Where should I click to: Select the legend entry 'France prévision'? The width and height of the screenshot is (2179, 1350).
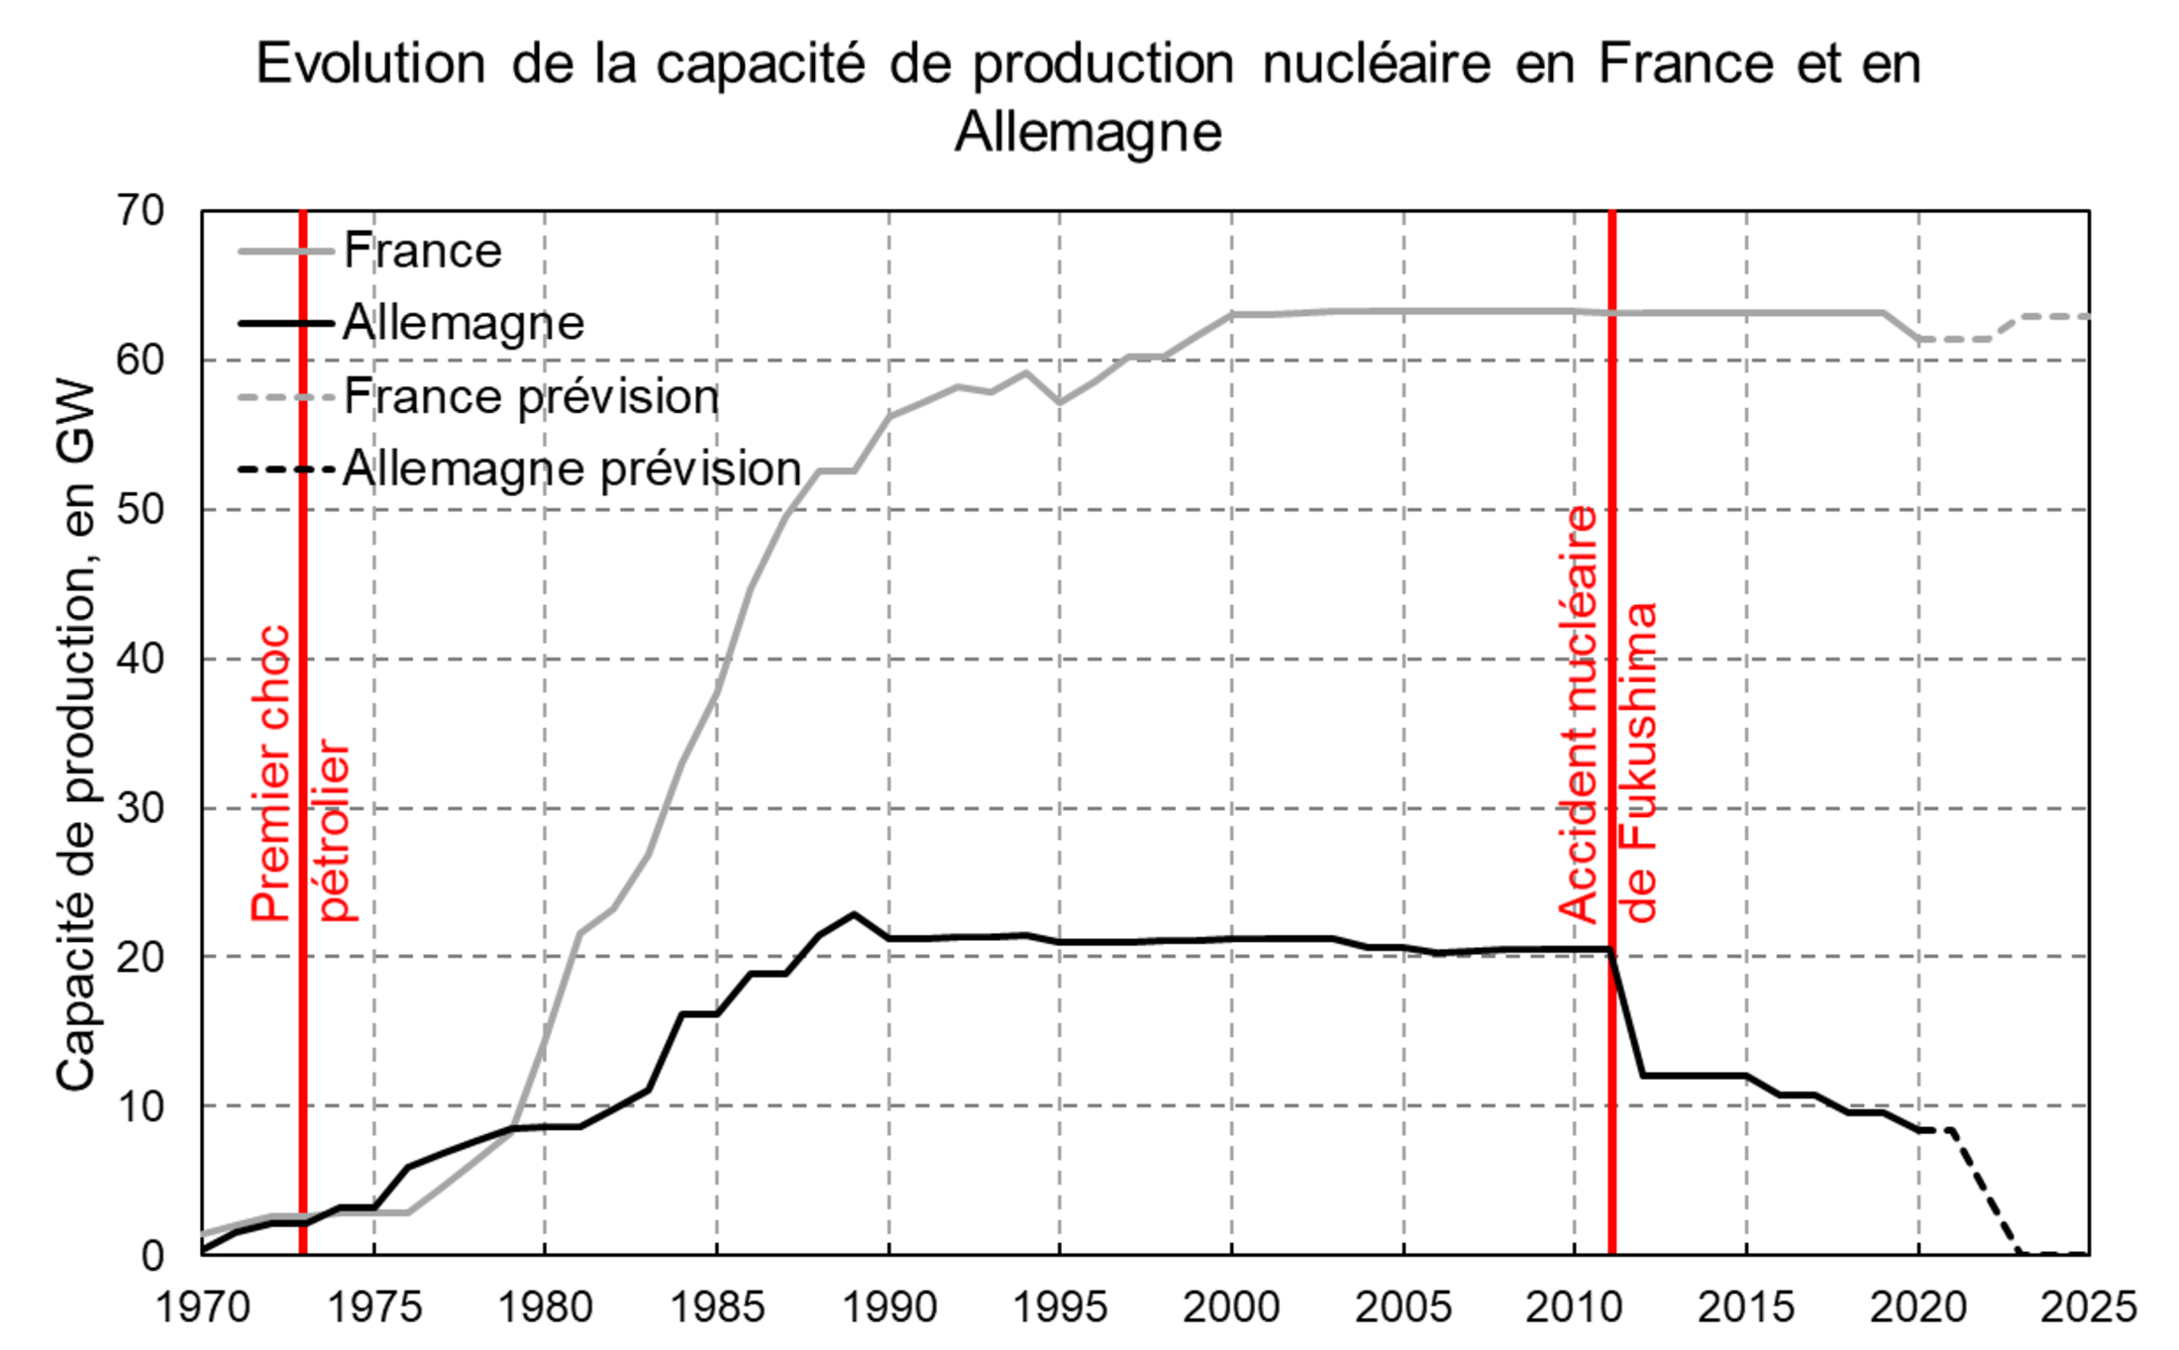(x=530, y=397)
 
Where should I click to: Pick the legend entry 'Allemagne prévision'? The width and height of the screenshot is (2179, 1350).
(x=571, y=468)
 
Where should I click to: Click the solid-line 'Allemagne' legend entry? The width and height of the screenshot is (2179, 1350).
(x=463, y=323)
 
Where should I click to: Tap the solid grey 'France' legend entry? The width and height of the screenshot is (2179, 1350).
(x=422, y=251)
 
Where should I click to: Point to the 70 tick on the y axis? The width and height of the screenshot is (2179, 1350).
(x=140, y=211)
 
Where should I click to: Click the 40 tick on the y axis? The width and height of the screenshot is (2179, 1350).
(x=140, y=659)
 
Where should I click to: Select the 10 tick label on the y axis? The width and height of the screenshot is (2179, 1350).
(x=140, y=1106)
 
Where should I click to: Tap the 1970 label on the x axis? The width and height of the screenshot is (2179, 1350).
(x=202, y=1307)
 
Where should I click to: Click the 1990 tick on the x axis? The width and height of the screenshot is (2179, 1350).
(x=888, y=1307)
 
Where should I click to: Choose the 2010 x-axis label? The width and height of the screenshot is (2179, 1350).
(x=1574, y=1307)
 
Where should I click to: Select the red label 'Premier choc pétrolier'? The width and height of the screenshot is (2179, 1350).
(x=300, y=773)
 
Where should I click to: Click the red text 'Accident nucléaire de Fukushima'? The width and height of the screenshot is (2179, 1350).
(x=1608, y=713)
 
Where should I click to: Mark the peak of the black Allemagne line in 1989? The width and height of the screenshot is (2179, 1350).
(x=854, y=914)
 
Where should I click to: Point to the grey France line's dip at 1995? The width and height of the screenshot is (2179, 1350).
(x=1060, y=402)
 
